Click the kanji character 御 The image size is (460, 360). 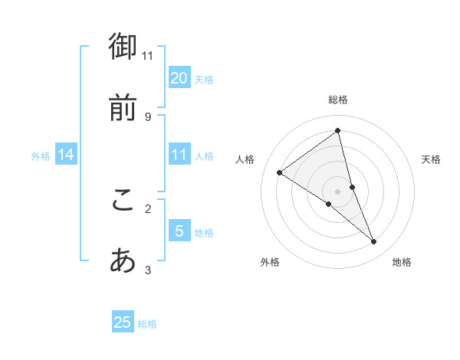tap(123, 47)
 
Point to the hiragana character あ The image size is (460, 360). tap(123, 262)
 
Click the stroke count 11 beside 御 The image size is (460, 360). tap(148, 55)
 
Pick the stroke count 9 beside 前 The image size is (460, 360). tap(148, 116)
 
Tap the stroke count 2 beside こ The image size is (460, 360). tap(148, 208)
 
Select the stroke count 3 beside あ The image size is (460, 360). tap(148, 270)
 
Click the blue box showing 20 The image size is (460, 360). tap(179, 77)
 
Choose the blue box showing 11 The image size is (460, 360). tap(179, 155)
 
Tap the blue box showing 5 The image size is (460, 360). tap(179, 231)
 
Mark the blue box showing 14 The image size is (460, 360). tap(66, 155)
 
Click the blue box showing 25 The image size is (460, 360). tap(123, 322)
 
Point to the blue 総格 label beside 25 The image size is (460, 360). tap(148, 324)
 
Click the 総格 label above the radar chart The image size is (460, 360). tap(338, 100)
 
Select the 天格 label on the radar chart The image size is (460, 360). tap(431, 159)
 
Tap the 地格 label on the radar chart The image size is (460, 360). tap(402, 263)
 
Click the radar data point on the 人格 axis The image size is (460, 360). tap(280, 172)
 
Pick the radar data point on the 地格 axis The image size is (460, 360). tap(374, 242)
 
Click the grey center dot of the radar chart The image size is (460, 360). tap(338, 191)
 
